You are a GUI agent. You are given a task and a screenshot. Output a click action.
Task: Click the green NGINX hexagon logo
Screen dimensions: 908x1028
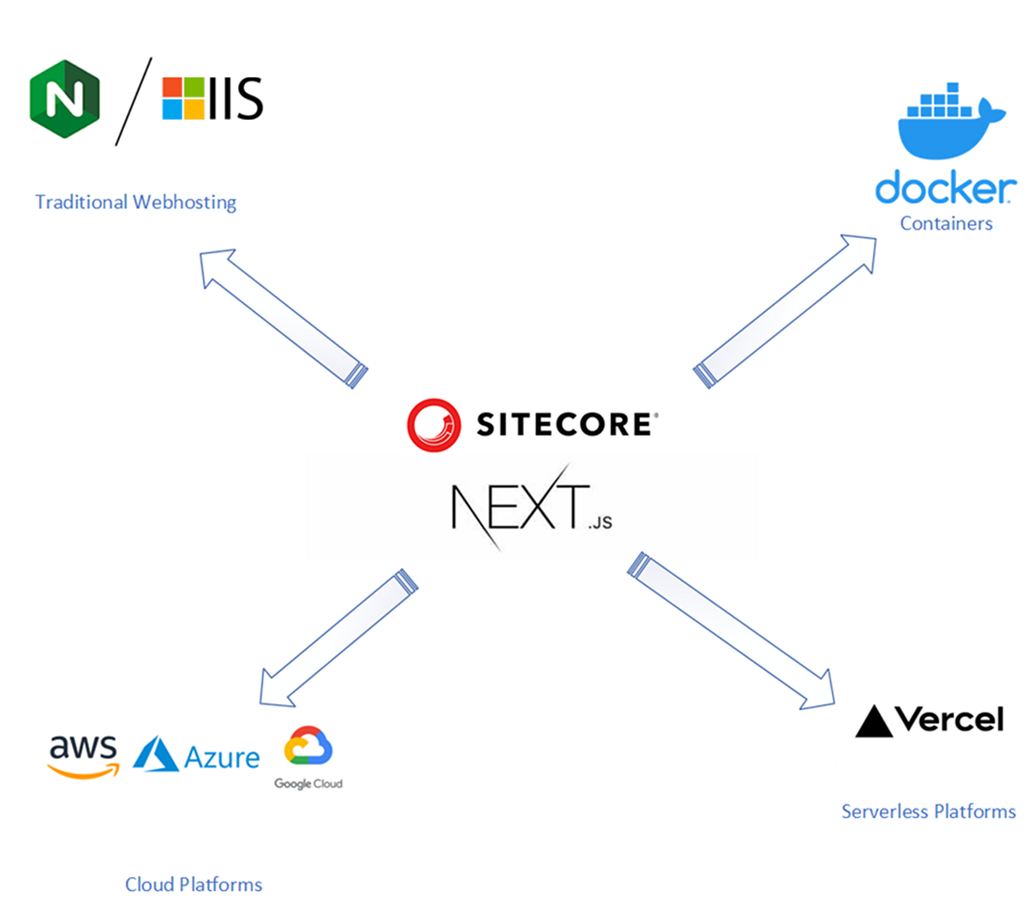point(64,99)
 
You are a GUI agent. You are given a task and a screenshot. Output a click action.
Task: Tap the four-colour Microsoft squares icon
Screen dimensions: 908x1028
point(183,99)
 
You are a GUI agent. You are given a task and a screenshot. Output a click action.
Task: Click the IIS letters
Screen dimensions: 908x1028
point(236,99)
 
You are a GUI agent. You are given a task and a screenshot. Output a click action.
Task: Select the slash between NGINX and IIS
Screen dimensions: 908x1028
point(134,101)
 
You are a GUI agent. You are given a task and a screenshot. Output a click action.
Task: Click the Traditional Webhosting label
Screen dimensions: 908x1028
point(135,202)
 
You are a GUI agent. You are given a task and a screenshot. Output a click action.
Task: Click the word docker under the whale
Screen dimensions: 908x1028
point(945,188)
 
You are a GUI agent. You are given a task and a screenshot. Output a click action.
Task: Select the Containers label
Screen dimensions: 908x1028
point(946,224)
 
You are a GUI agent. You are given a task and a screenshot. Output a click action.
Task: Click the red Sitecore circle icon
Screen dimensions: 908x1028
point(434,424)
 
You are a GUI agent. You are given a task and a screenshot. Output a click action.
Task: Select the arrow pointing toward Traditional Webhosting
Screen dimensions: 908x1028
point(283,317)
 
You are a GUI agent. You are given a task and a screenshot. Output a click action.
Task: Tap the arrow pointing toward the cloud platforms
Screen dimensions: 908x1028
point(338,639)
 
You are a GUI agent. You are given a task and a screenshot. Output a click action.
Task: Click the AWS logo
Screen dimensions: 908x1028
point(83,756)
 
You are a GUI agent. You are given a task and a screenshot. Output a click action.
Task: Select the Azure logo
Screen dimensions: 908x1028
point(197,756)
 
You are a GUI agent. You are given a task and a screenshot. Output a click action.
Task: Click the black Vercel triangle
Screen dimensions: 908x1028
point(874,721)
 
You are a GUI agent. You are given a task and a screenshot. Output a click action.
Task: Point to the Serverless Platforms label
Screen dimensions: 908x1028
point(928,811)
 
